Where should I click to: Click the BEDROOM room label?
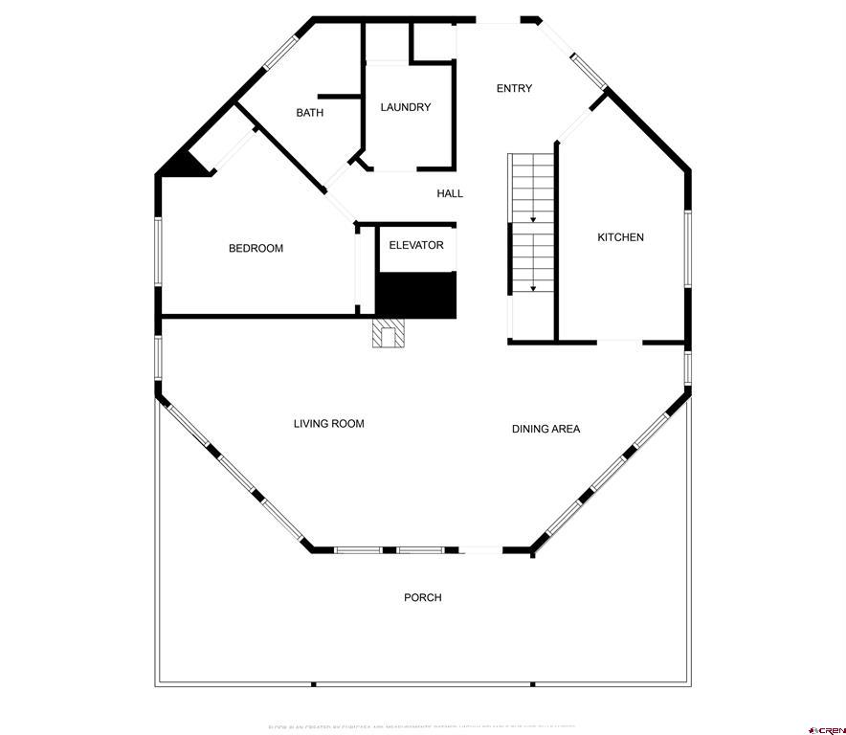(x=256, y=249)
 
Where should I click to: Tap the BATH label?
(x=309, y=113)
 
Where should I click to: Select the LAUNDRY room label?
(x=406, y=107)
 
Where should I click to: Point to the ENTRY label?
(x=514, y=89)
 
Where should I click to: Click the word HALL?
(x=450, y=193)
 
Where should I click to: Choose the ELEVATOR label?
(x=416, y=245)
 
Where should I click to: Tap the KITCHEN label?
(x=621, y=237)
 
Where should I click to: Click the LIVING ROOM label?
(x=328, y=423)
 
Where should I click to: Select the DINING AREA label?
(x=545, y=429)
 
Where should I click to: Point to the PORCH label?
(x=423, y=597)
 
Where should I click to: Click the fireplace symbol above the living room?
(x=389, y=333)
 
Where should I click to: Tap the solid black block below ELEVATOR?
(x=415, y=294)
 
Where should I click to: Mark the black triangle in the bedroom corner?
(x=187, y=166)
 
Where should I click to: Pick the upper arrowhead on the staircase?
(x=533, y=219)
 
